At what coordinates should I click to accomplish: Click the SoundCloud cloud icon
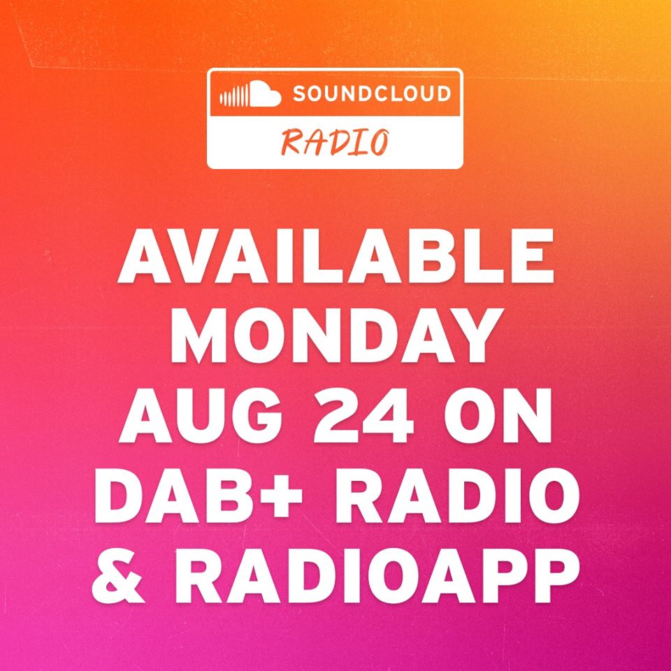point(250,94)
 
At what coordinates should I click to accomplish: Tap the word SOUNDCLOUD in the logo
point(372,94)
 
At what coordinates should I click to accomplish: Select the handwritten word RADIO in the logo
point(335,142)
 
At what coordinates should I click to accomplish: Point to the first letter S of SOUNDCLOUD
point(300,94)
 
